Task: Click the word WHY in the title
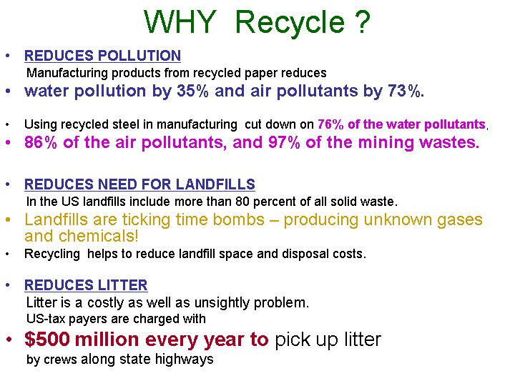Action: [x=180, y=22]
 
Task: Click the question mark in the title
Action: [x=363, y=22]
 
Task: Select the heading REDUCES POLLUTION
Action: [x=102, y=56]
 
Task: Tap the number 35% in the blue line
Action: [x=192, y=91]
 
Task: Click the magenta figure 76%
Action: [x=330, y=124]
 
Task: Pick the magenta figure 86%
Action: [x=40, y=143]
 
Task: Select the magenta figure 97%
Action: [x=284, y=143]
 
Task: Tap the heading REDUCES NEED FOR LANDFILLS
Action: [x=139, y=184]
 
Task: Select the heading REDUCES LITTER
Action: [x=86, y=285]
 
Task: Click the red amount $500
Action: [x=47, y=339]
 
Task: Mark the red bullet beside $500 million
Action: [x=9, y=340]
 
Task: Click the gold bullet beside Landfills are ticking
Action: [x=8, y=219]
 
